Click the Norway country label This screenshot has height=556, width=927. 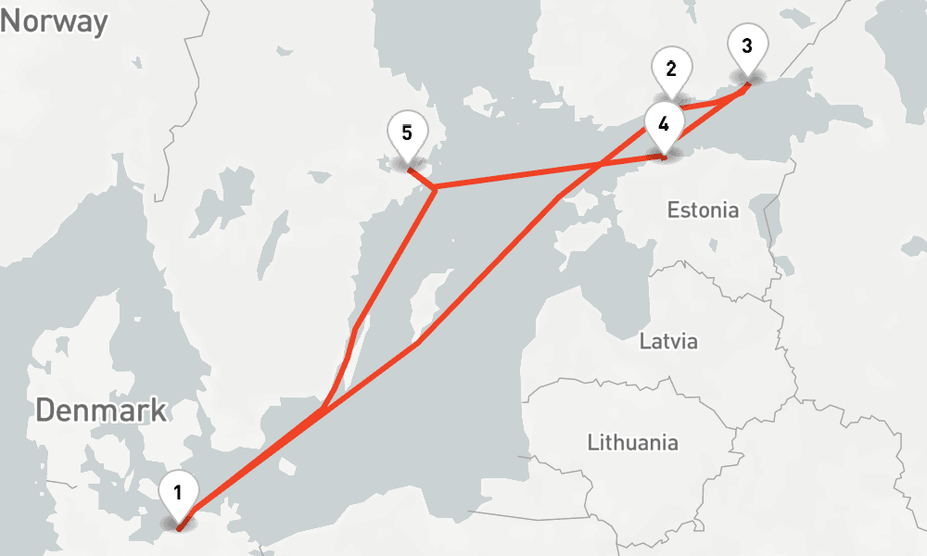pyautogui.click(x=54, y=20)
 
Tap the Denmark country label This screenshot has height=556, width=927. pyautogui.click(x=101, y=410)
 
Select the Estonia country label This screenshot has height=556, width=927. pyautogui.click(x=703, y=210)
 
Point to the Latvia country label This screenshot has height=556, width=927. pyautogui.click(x=668, y=341)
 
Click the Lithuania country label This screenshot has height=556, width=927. pyautogui.click(x=632, y=442)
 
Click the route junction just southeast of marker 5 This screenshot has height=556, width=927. pyautogui.click(x=434, y=188)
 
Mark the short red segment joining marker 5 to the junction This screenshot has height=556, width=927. pyautogui.click(x=420, y=178)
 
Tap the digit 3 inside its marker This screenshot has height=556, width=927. pyautogui.click(x=747, y=44)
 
